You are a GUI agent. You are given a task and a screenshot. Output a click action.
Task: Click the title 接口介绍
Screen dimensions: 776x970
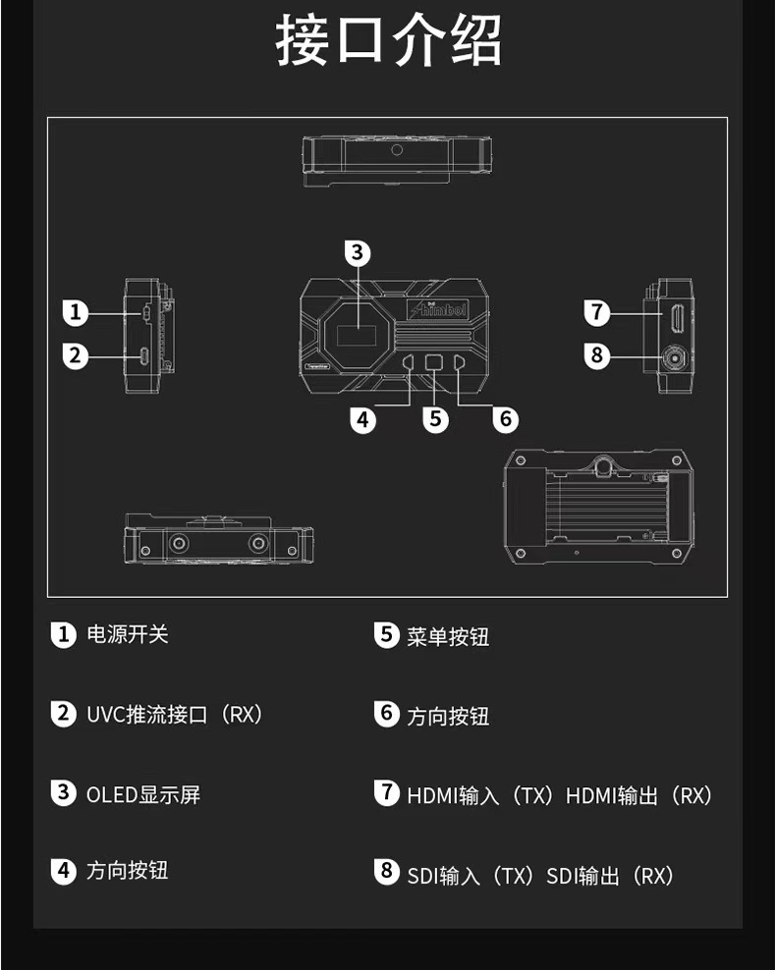388,41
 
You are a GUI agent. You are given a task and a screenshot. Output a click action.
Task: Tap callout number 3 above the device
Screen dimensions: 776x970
358,253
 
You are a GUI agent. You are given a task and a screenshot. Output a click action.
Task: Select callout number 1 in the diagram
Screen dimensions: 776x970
75,314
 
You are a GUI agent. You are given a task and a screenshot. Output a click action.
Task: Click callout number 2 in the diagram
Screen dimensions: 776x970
75,355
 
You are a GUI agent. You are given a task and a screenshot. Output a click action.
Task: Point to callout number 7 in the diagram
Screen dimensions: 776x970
597,313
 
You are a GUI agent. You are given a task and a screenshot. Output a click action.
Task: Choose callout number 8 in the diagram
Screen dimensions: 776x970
597,355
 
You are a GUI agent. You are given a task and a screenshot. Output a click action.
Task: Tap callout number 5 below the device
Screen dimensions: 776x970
436,419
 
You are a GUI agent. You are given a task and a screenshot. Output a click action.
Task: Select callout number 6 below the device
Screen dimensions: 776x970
505,419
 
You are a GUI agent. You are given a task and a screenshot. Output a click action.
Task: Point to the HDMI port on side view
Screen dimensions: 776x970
677,317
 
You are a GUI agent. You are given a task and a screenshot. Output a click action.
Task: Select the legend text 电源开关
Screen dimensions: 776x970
128,634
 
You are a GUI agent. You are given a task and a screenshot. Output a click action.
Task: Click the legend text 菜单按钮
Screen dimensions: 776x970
448,637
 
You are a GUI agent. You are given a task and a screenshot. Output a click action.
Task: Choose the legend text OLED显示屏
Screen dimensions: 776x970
143,794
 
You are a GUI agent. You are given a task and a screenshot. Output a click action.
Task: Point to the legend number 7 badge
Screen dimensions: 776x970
387,791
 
